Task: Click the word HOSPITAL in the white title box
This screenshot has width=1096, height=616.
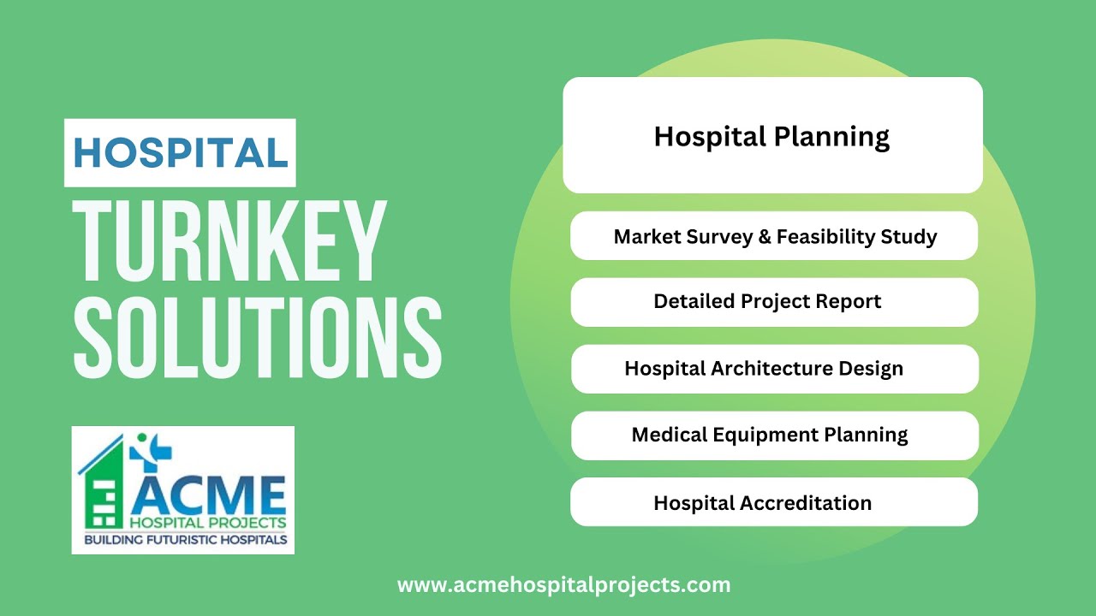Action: [x=180, y=153]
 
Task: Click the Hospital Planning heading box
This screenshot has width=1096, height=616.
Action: [x=771, y=136]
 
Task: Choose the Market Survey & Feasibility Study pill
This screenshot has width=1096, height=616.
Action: [x=774, y=236]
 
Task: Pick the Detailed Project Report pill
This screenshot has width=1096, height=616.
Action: [x=774, y=302]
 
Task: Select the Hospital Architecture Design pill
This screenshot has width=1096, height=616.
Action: [x=774, y=369]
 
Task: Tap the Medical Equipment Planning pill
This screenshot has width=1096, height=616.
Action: [x=774, y=435]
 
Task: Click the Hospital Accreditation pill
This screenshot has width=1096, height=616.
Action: [x=774, y=502]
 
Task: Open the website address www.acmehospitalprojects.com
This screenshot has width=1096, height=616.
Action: [x=563, y=585]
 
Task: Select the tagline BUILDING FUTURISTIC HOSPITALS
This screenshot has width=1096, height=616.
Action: [x=185, y=540]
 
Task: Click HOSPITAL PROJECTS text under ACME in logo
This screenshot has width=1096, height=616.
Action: [x=208, y=522]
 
